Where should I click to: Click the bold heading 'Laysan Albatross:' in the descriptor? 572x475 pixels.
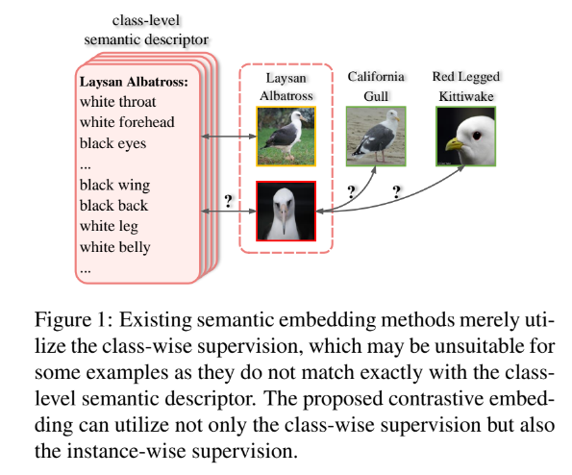(x=134, y=82)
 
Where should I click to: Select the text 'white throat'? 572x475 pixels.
(x=118, y=102)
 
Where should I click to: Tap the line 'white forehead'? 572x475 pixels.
(x=127, y=122)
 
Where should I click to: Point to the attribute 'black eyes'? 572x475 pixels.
(x=112, y=143)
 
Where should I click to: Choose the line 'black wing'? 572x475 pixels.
(x=115, y=186)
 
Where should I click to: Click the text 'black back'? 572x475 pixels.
(x=113, y=206)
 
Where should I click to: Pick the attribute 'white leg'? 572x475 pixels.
(x=109, y=227)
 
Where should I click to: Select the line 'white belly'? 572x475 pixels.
(x=115, y=247)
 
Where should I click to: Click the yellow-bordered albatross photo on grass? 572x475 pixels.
(x=286, y=137)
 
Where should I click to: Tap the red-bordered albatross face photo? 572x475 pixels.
(x=286, y=211)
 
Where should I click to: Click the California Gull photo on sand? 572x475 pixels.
(x=376, y=137)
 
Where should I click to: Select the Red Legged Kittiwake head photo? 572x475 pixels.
(x=466, y=137)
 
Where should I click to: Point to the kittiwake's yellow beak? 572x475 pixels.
(x=454, y=144)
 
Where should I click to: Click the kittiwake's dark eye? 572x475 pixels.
(x=477, y=136)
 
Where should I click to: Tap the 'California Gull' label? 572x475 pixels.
(x=376, y=87)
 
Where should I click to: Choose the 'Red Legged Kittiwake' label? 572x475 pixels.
(x=466, y=87)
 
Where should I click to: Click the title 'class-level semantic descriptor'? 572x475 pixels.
(x=146, y=30)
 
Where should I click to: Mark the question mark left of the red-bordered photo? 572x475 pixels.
(x=229, y=201)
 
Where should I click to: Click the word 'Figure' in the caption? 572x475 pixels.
(x=62, y=320)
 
